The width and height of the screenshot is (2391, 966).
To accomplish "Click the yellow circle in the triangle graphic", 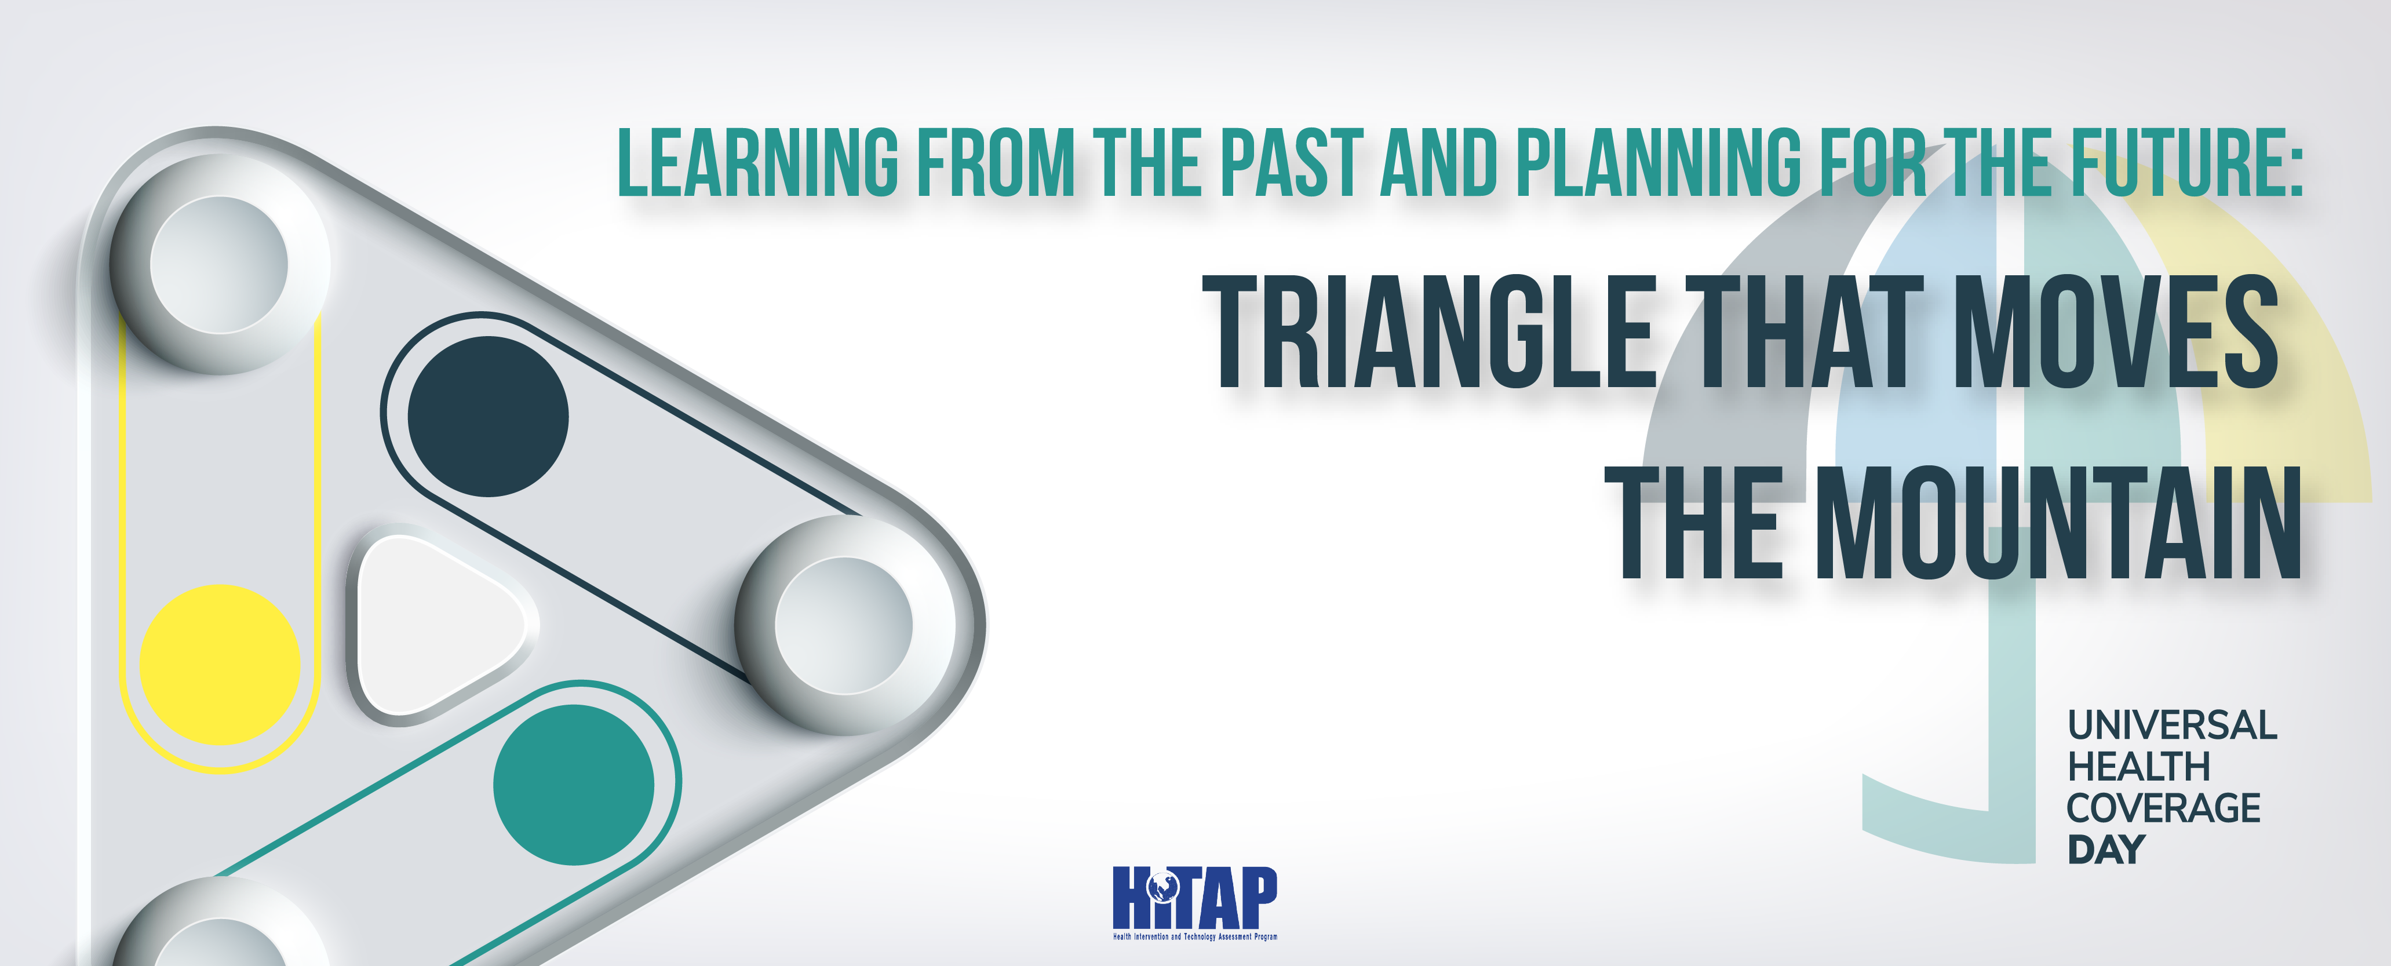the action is point(220,665).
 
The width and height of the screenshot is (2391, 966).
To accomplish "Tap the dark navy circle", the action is point(488,417).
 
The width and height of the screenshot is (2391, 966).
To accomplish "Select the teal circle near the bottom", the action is point(574,785).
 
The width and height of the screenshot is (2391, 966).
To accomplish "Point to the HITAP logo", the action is point(1195,903).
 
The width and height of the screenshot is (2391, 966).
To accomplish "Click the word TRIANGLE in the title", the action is point(1430,331).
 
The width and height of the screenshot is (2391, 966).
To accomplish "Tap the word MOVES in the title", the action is point(2116,331).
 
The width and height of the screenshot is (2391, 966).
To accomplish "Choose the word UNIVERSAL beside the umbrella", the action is point(2172,726).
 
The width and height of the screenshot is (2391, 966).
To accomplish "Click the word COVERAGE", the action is point(2164,808).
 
